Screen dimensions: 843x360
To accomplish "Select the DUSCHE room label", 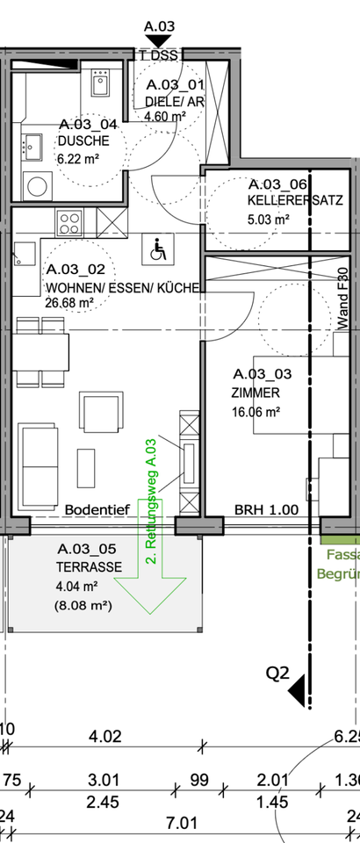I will tap(83, 141).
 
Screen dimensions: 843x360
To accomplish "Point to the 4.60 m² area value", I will tap(167, 116).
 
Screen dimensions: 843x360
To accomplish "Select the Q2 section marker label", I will tap(278, 674).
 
